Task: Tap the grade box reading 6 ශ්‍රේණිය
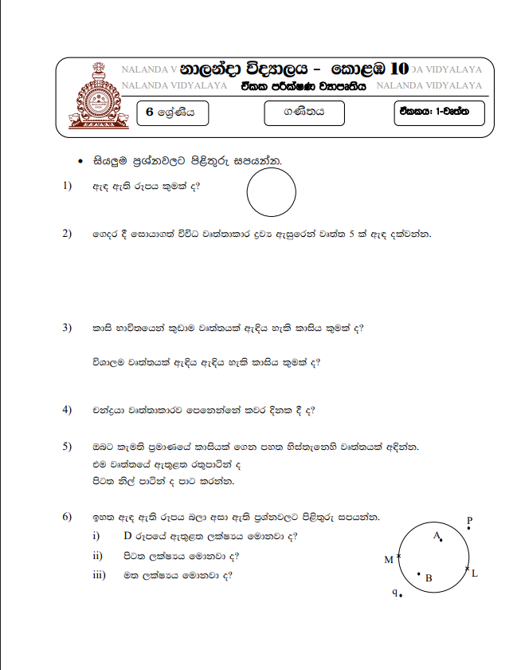171,113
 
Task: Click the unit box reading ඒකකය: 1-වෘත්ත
438,113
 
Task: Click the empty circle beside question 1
272,193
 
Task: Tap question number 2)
67,234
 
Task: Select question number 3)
67,328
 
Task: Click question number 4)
67,411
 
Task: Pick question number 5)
67,447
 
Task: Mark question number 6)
67,518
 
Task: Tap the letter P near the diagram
469,521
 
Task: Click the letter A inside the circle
437,536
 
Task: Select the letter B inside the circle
429,578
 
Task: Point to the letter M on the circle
389,559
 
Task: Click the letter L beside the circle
475,573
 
